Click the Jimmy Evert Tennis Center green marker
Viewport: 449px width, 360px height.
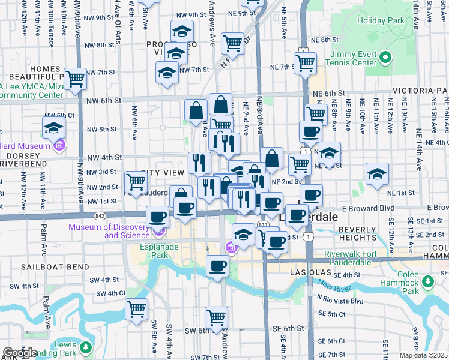[385, 58]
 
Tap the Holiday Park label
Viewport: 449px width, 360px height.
[380, 20]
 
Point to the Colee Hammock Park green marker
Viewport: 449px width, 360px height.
[427, 281]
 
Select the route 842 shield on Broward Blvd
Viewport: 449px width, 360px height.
[99, 215]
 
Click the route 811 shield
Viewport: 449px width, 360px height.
[263, 224]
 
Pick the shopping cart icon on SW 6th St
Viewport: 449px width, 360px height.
[216, 317]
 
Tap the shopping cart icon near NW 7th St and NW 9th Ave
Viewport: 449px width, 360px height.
[75, 79]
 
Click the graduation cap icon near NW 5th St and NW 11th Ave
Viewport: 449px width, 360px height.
[53, 127]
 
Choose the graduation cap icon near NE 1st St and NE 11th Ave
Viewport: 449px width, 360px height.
[377, 175]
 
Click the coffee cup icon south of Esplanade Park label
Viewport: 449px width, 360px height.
[217, 265]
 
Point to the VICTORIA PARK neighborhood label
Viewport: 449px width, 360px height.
[420, 91]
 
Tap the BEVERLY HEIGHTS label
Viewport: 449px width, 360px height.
[357, 233]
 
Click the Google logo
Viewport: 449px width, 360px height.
[20, 352]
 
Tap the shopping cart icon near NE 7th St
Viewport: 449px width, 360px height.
[305, 62]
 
